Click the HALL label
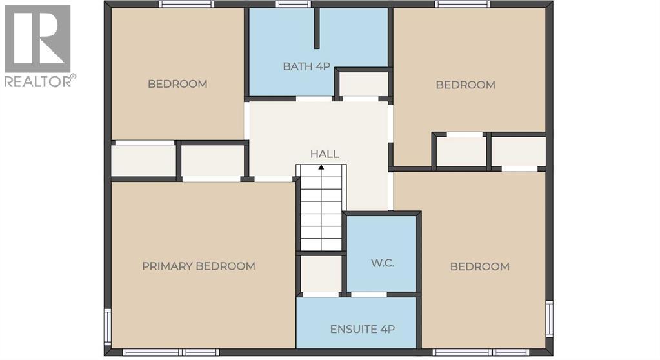325,154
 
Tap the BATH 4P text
303,66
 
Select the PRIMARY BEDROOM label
198,266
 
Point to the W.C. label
382,263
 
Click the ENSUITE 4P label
362,328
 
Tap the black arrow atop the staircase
321,168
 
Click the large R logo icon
37,38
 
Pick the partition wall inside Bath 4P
316,28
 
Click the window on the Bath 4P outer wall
293,4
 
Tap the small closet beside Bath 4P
363,85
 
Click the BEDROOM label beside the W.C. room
479,266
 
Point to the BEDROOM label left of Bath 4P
177,84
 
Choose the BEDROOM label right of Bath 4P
465,85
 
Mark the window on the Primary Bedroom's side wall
107,326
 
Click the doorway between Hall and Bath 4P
314,99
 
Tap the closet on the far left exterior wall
143,161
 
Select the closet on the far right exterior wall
519,152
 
